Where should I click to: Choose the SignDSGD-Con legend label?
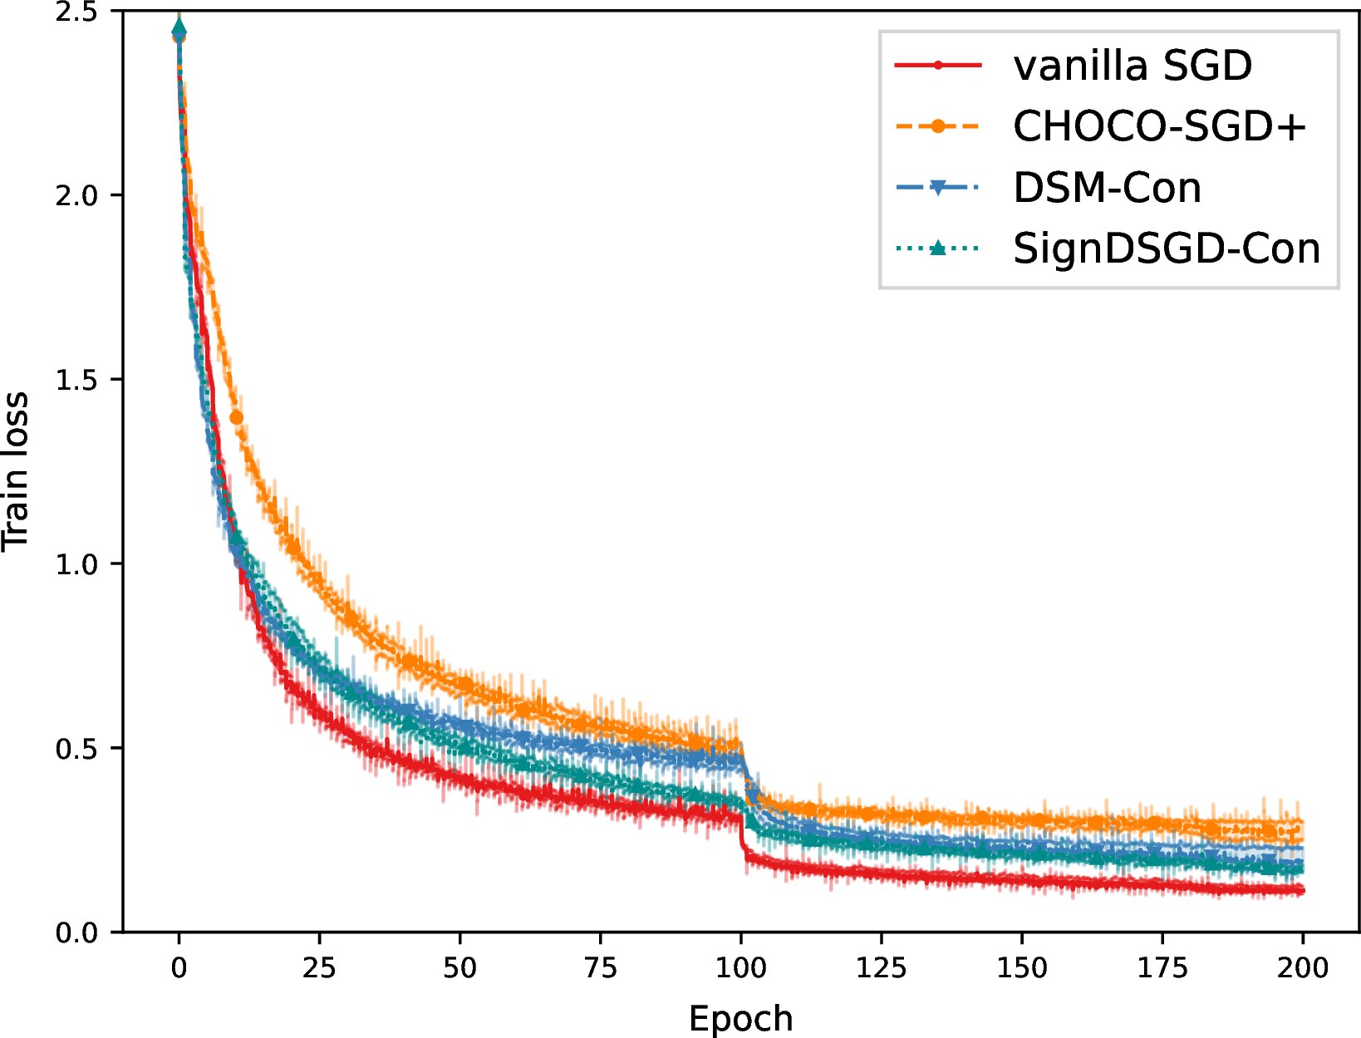[x=1167, y=248]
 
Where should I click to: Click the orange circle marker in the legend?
[x=938, y=126]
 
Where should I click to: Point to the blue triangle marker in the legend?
[x=938, y=188]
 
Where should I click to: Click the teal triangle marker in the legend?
[x=938, y=248]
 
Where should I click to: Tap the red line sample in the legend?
[x=938, y=65]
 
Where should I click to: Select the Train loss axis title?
[x=16, y=471]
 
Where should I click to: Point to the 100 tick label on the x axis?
[x=741, y=968]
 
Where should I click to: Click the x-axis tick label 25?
[x=319, y=968]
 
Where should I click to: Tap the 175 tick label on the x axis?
[x=1162, y=968]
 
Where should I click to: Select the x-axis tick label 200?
[x=1303, y=968]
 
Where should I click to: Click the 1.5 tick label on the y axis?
[x=77, y=380]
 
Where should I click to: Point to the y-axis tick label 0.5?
[x=77, y=749]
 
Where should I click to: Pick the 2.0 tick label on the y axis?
[x=77, y=195]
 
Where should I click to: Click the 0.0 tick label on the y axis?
[x=77, y=932]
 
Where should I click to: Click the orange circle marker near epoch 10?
[x=236, y=418]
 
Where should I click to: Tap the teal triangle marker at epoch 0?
[x=179, y=26]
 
